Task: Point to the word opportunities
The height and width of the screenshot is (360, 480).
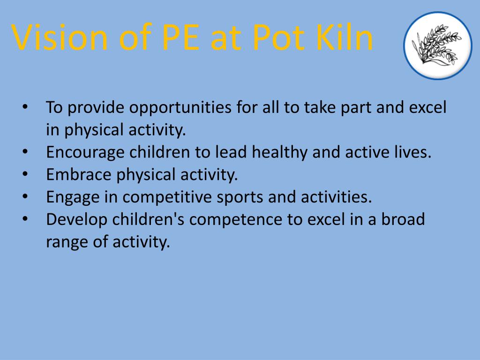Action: coord(180,108)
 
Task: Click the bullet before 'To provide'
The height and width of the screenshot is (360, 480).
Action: coord(25,107)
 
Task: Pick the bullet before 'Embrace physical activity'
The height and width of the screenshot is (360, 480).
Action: coord(25,174)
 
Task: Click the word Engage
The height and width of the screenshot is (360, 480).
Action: coord(72,197)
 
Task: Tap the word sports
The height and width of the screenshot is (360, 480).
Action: coord(240,197)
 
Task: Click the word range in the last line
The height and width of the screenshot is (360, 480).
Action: coord(64,242)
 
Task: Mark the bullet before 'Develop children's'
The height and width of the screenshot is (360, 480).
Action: coord(25,219)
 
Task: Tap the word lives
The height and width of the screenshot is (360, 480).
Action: coord(413,152)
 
